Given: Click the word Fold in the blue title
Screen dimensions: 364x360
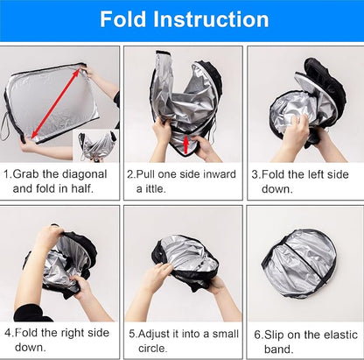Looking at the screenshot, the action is tap(122, 19).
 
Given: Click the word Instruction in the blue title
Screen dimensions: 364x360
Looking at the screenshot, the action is tap(211, 19).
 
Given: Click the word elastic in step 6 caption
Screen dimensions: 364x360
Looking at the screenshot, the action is tap(340, 335).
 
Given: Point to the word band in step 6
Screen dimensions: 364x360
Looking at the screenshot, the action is tap(276, 349).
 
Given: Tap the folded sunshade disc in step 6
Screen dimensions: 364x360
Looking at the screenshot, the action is tap(299, 264).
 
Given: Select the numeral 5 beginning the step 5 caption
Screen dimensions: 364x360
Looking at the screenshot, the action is tap(132, 334).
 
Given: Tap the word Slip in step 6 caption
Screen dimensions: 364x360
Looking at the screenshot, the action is tap(274, 335).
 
